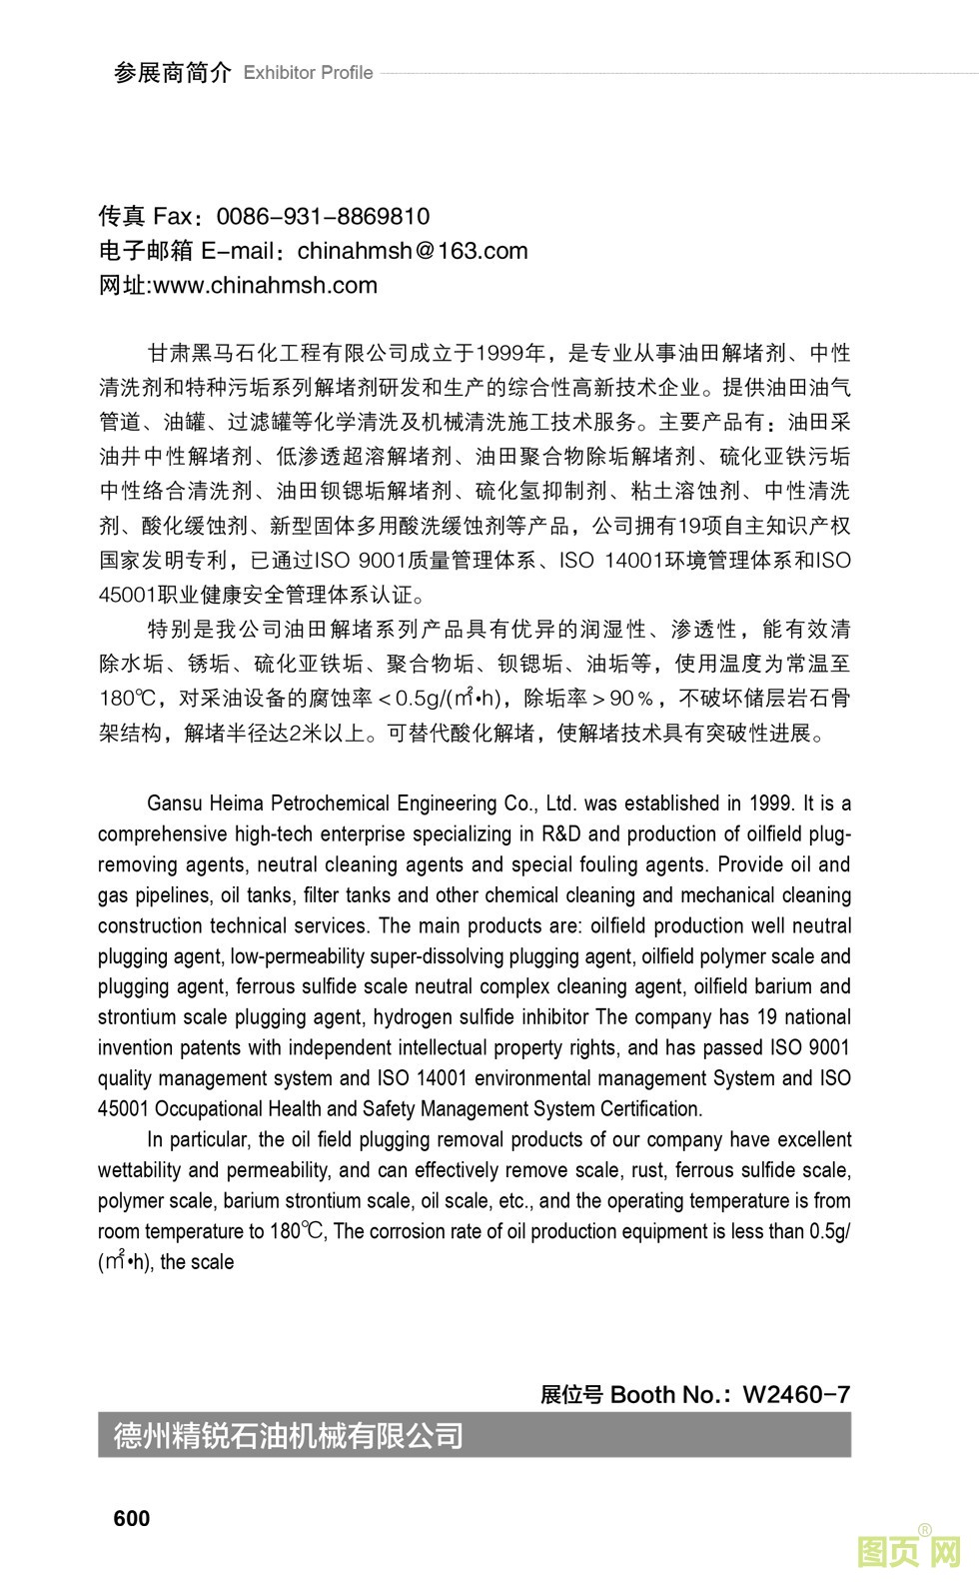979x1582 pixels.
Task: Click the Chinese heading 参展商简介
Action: coord(172,73)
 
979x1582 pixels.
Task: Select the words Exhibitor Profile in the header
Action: coord(308,73)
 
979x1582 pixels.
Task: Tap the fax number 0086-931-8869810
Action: coord(323,217)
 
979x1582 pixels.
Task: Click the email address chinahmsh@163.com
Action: coord(413,251)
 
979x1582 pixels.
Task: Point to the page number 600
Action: coord(132,1518)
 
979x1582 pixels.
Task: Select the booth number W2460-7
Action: coord(797,1394)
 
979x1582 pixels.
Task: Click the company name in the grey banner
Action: coord(289,1436)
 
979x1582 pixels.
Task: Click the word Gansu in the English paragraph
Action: coord(171,803)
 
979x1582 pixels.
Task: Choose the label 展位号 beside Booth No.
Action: coord(571,1394)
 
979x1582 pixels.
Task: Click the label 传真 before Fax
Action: coord(122,217)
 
